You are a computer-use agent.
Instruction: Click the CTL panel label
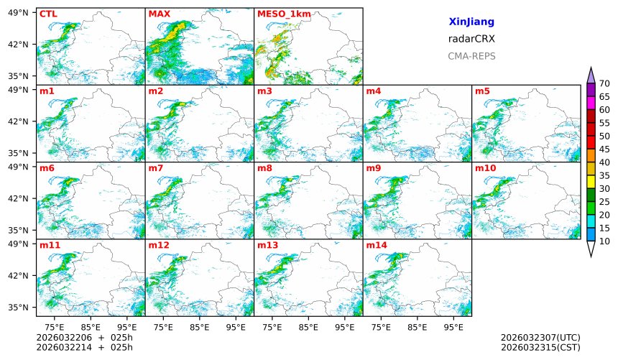[48, 14]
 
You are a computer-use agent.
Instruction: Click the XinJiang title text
[471, 22]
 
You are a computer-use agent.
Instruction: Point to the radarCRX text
[471, 39]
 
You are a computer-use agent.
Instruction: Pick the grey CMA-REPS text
[471, 56]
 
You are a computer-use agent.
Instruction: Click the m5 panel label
[482, 91]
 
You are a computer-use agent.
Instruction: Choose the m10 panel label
[485, 168]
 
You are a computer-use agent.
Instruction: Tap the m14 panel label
[376, 246]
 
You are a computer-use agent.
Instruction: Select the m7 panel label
[156, 168]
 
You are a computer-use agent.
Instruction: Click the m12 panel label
[158, 246]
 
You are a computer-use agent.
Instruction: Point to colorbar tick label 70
[604, 83]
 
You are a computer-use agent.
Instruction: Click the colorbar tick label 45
[604, 149]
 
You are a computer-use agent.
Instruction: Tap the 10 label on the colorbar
[604, 241]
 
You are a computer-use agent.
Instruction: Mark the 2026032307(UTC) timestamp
[540, 337]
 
